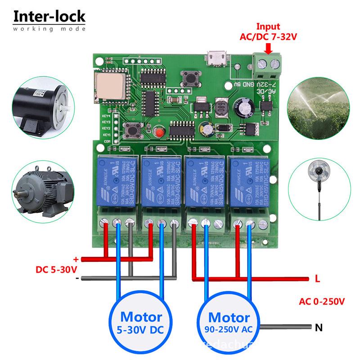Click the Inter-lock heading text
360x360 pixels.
click(49, 17)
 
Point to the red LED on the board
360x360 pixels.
click(158, 131)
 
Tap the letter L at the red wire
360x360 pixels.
click(317, 279)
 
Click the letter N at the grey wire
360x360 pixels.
click(319, 328)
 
